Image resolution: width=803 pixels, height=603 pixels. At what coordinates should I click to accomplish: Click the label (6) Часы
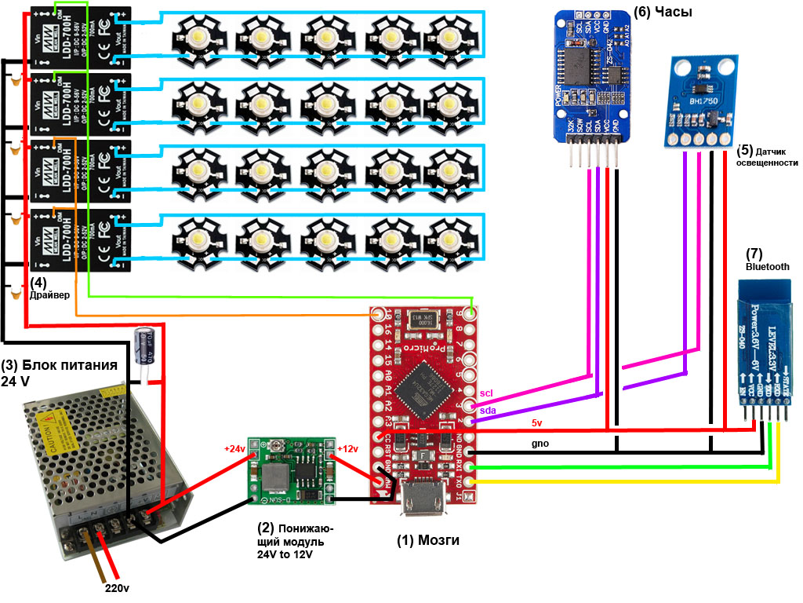(x=663, y=12)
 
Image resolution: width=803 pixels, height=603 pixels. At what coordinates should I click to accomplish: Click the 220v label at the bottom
(x=118, y=587)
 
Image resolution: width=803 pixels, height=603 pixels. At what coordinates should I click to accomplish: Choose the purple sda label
(x=486, y=410)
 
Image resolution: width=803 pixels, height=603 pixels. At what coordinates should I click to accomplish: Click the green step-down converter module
(x=291, y=471)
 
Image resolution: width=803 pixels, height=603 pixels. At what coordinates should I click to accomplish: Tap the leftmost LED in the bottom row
(x=192, y=237)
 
